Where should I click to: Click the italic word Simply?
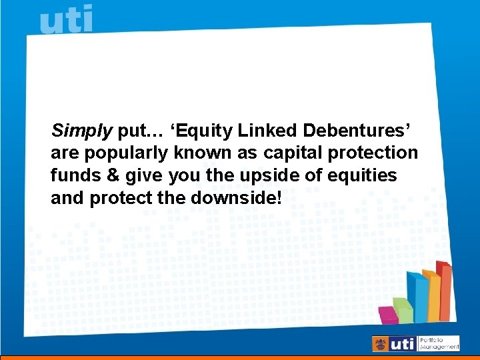81,130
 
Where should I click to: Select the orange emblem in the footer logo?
381,344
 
